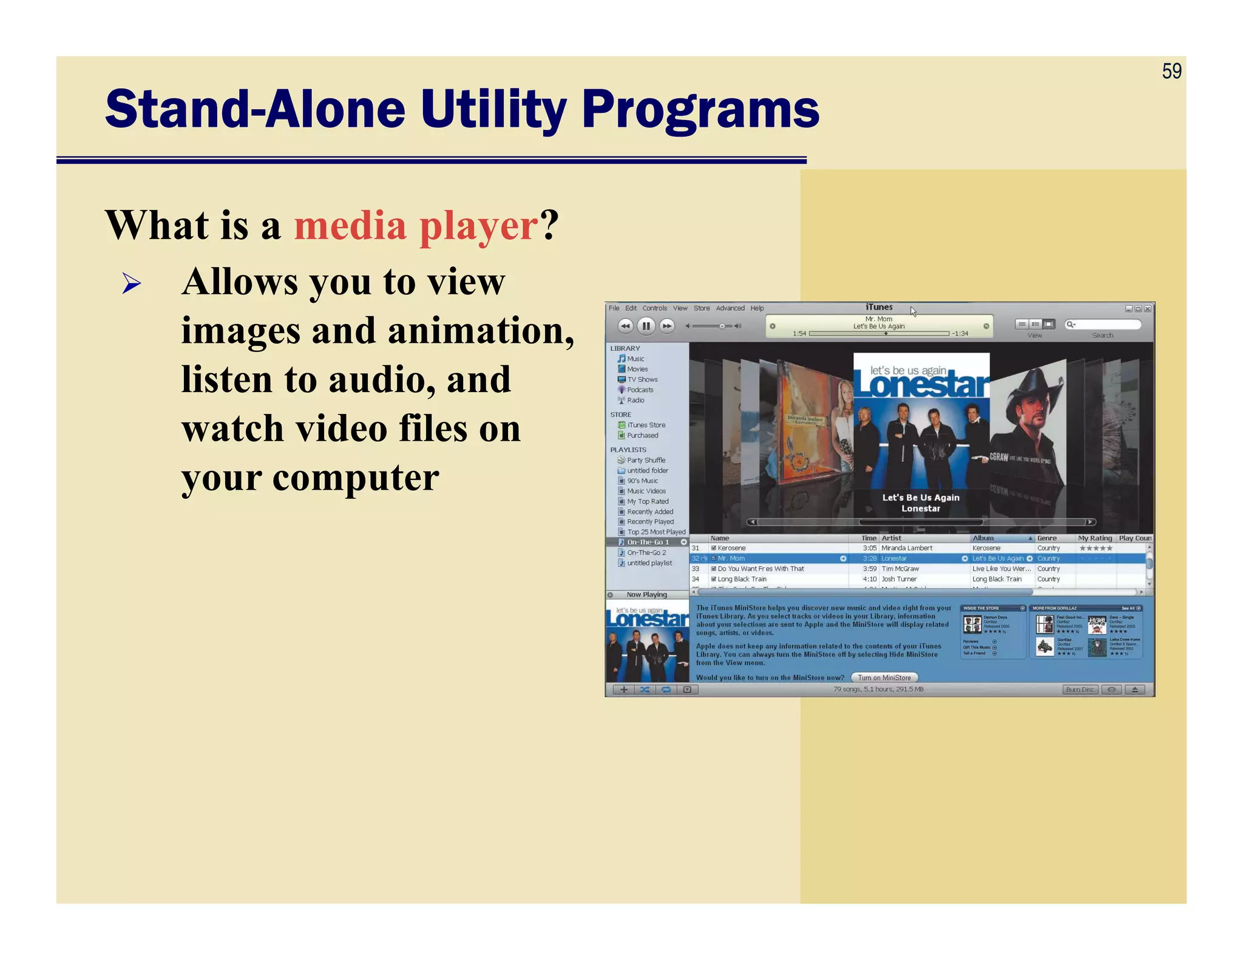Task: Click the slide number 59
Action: pyautogui.click(x=1171, y=72)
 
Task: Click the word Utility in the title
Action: pyautogui.click(x=493, y=110)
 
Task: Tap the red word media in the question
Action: pyautogui.click(x=350, y=226)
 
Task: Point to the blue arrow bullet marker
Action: pyautogui.click(x=131, y=283)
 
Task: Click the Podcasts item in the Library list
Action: pyautogui.click(x=640, y=390)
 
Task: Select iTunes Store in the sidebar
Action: pyautogui.click(x=646, y=425)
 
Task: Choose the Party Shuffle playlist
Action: pyautogui.click(x=646, y=460)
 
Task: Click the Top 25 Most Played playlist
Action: pyautogui.click(x=655, y=532)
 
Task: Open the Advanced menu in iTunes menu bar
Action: pyautogui.click(x=730, y=308)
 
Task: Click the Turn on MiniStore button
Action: pyautogui.click(x=884, y=677)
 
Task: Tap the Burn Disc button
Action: pyautogui.click(x=1080, y=689)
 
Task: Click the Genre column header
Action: pyautogui.click(x=1047, y=538)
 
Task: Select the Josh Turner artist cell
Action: pyautogui.click(x=898, y=579)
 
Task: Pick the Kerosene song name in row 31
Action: pyautogui.click(x=731, y=548)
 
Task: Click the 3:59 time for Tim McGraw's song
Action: pyautogui.click(x=869, y=569)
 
